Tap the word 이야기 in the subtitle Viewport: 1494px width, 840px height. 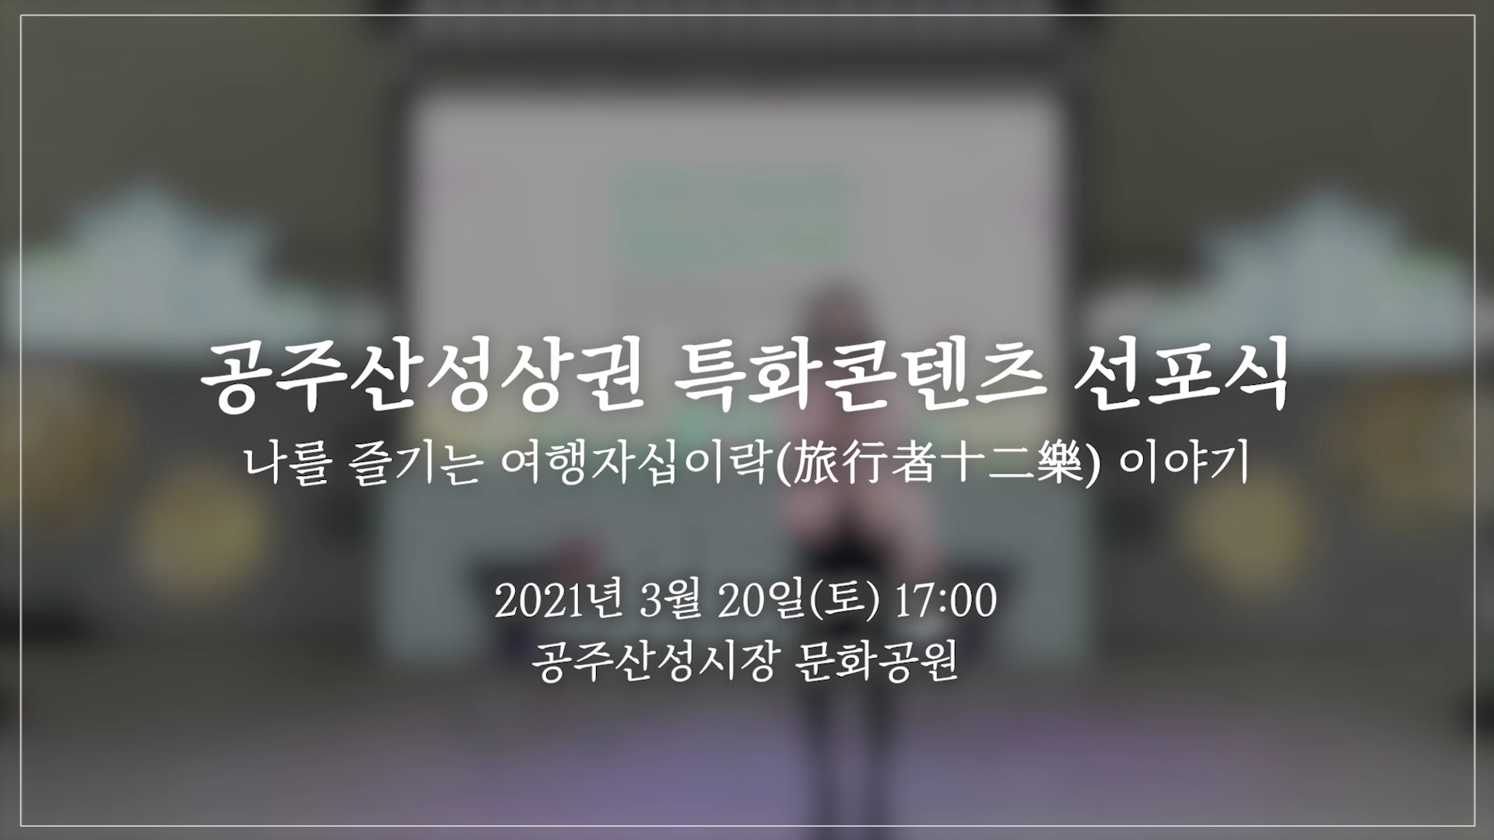click(1182, 465)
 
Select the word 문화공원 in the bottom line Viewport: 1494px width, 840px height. click(877, 663)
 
